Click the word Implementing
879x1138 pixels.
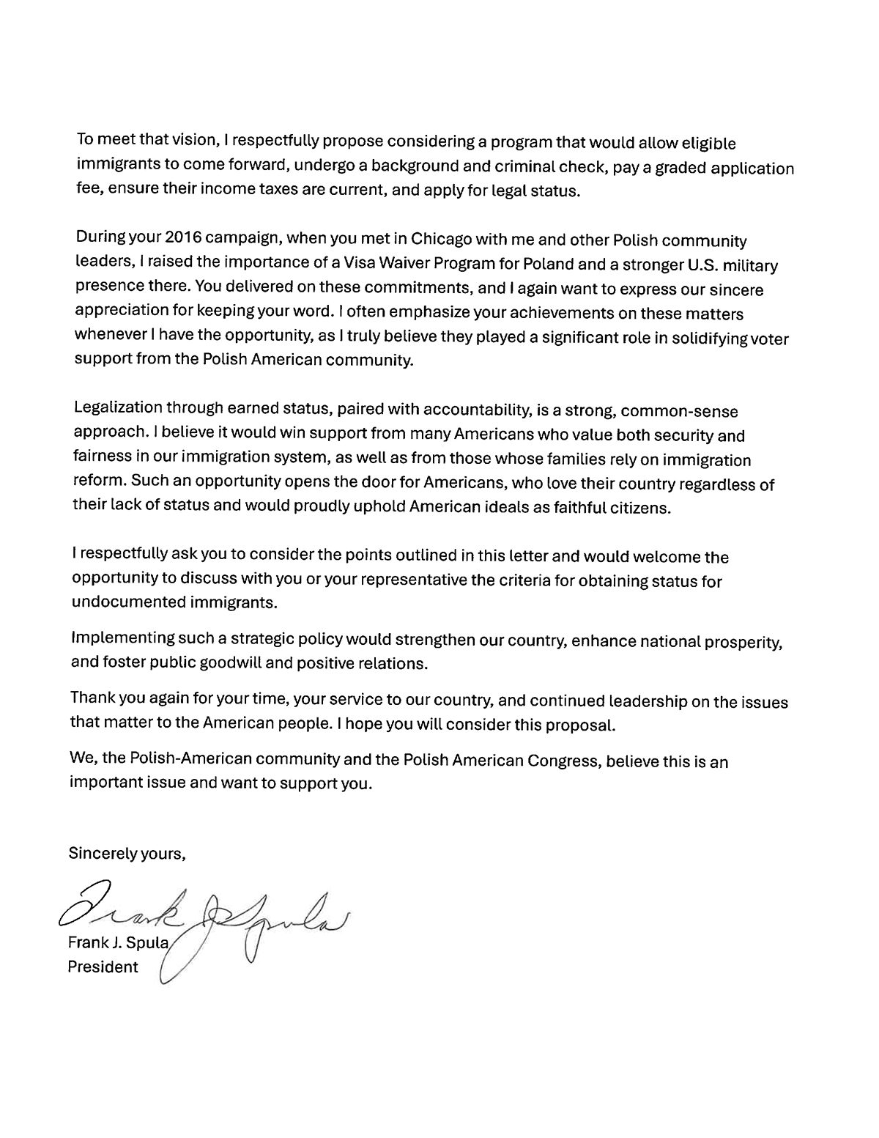(122, 638)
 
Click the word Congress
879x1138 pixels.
(564, 760)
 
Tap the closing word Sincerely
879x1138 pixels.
(102, 853)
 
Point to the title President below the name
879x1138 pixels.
(103, 967)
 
